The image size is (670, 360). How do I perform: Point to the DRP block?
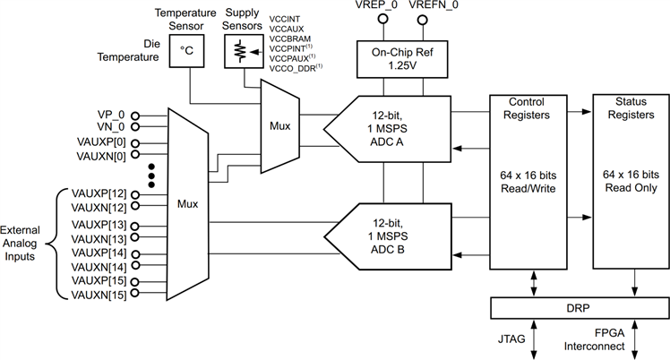[x=578, y=306]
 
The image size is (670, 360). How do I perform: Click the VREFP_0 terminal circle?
[x=384, y=19]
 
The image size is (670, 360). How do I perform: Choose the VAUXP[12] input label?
[x=99, y=193]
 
